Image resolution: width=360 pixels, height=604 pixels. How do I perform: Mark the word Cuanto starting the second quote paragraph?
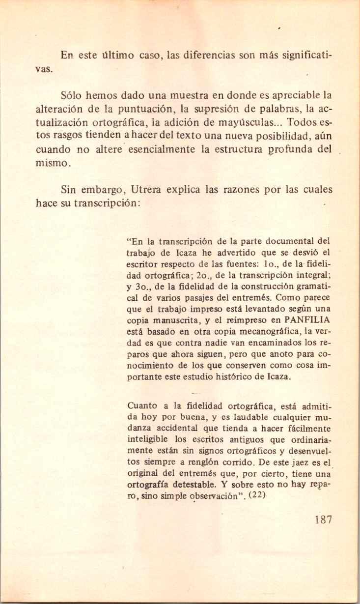point(142,406)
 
